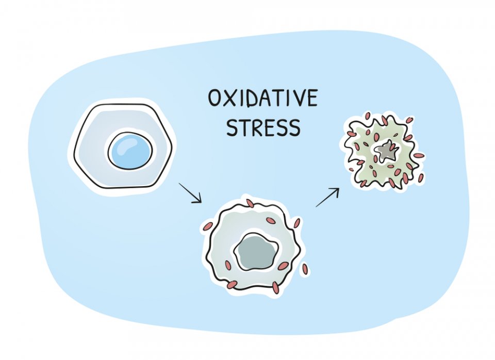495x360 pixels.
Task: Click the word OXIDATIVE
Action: (x=262, y=98)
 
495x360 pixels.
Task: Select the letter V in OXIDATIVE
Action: (x=296, y=98)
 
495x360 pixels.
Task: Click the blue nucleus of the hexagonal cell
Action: (x=130, y=151)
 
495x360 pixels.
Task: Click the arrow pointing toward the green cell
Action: (x=327, y=198)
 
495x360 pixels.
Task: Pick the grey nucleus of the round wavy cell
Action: (x=256, y=251)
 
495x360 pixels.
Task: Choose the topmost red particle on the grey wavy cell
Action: (x=250, y=203)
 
